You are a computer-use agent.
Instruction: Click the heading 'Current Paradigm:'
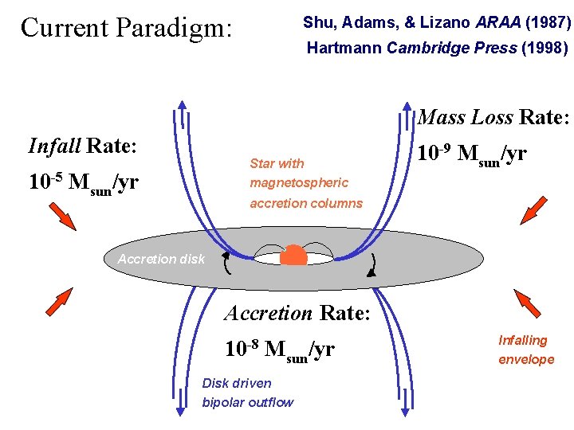click(x=126, y=28)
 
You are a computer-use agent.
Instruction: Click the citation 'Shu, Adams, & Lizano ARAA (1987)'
click(x=436, y=22)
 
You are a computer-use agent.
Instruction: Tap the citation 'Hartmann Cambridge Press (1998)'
click(x=437, y=49)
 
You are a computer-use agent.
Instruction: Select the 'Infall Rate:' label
click(x=83, y=147)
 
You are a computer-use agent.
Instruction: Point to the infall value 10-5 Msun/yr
click(x=84, y=182)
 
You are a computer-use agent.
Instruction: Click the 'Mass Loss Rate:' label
click(x=494, y=118)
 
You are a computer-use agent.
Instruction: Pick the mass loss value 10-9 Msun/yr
click(x=472, y=153)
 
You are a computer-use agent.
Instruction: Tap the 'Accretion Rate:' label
click(x=297, y=313)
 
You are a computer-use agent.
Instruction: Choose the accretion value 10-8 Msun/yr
click(x=280, y=349)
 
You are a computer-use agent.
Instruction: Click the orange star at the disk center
click(x=293, y=255)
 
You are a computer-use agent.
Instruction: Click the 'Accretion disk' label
click(x=161, y=259)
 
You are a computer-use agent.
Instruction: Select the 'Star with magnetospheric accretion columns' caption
click(x=305, y=183)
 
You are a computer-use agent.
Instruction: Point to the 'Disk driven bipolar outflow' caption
click(x=247, y=393)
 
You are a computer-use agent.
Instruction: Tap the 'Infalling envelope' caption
click(x=526, y=350)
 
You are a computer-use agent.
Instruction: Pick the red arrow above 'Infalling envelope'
click(x=526, y=303)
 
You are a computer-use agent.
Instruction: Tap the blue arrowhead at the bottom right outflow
click(x=405, y=410)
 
